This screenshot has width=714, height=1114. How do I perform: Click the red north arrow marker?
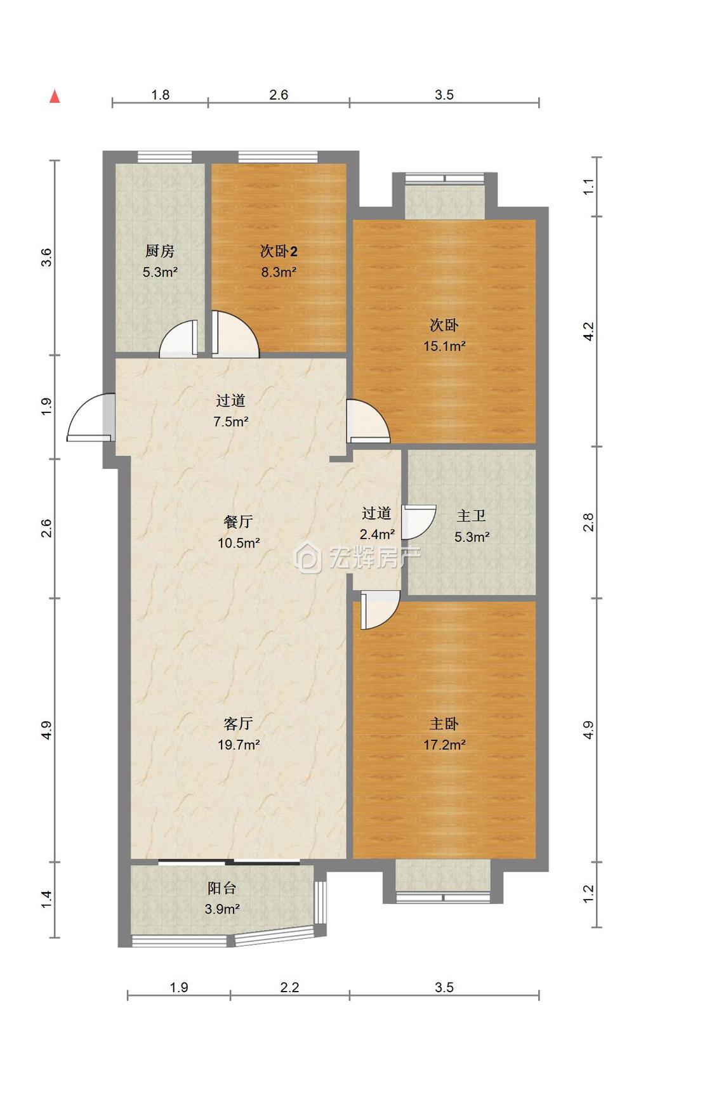55,96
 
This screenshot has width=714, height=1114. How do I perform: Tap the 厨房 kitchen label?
159,251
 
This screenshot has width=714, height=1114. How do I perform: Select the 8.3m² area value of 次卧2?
279,272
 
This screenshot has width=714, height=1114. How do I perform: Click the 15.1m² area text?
444,346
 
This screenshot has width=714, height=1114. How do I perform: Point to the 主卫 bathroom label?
472,516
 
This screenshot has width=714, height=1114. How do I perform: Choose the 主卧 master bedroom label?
444,724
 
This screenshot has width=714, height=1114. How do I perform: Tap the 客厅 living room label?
239,724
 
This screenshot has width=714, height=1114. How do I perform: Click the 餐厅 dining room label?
239,522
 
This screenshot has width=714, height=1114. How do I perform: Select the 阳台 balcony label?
222,888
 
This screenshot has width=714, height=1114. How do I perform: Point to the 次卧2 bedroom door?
235,334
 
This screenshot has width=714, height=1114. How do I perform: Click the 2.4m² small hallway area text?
377,535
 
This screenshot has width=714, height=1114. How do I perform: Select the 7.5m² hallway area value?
230,422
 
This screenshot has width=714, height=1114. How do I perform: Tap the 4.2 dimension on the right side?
588,331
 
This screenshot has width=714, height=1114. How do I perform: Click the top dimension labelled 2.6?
279,95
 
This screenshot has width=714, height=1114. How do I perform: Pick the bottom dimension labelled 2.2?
289,987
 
